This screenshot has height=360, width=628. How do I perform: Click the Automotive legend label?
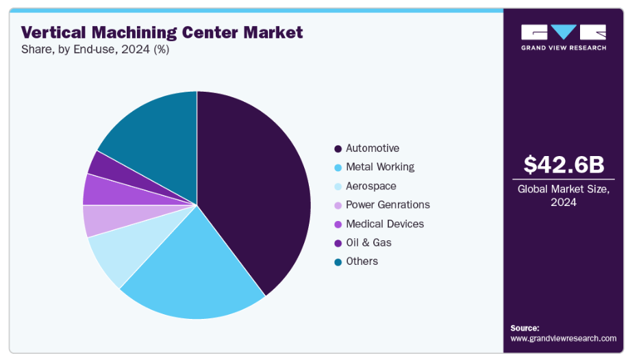[372, 149]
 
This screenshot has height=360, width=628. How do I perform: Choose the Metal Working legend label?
[379, 167]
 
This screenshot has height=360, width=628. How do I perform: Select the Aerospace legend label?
[370, 186]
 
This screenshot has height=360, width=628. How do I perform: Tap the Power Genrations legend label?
[388, 205]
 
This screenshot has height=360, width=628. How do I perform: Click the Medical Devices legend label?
[384, 224]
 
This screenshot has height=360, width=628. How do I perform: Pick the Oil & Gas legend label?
[368, 242]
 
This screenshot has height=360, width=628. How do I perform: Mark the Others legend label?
[362, 261]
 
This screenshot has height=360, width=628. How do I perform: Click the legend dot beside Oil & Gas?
[338, 243]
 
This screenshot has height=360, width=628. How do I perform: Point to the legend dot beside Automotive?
[338, 149]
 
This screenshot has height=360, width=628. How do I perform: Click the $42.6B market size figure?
[565, 164]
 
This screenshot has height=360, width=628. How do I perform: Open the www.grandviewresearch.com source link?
[563, 338]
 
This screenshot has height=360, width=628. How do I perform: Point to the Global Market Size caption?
[565, 196]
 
